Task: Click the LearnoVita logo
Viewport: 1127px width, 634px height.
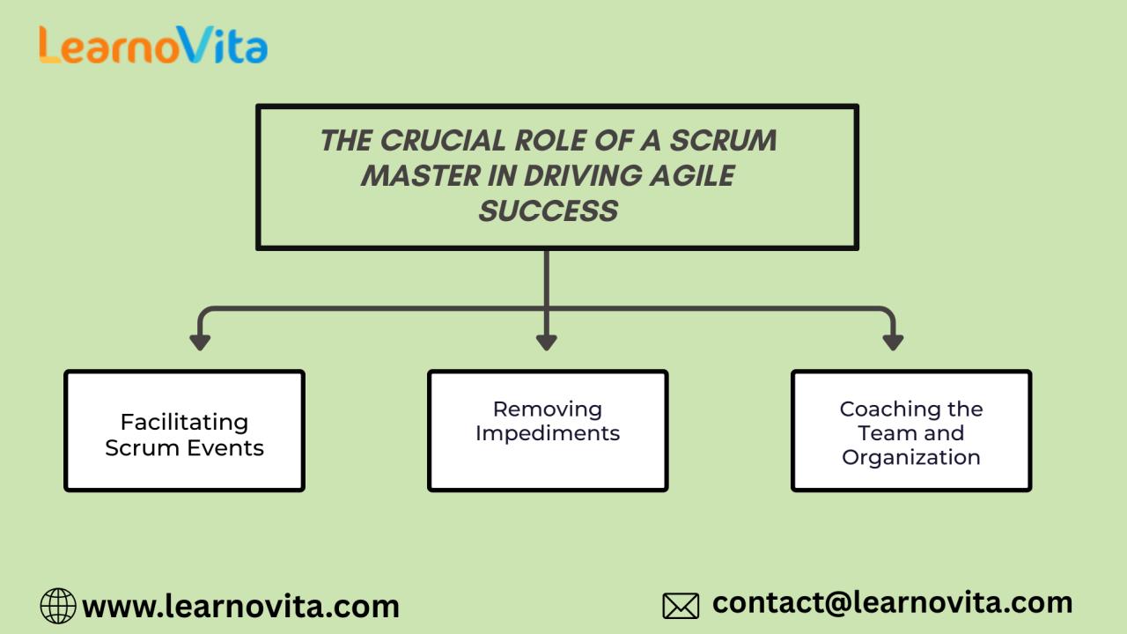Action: point(152,45)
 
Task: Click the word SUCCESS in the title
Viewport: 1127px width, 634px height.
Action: point(548,211)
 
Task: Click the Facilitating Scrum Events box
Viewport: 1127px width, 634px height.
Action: point(184,431)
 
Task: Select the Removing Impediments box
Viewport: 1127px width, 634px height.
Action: point(548,431)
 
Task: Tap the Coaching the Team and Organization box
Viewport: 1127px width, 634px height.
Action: point(911,431)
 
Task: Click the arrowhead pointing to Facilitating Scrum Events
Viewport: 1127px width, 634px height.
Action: point(200,342)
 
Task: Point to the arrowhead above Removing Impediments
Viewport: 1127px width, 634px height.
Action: point(547,342)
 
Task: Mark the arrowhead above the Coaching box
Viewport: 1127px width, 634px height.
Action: point(893,342)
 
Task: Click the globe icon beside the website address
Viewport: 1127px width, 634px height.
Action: point(58,606)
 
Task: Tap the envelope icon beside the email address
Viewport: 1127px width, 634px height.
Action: point(681,606)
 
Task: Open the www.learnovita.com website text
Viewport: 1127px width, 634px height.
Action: point(240,606)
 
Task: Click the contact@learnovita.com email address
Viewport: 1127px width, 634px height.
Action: point(892,602)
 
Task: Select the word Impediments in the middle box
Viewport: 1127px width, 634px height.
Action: point(548,433)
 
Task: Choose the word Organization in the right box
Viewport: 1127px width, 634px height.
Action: point(911,457)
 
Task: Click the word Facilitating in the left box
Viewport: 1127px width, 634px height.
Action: point(184,422)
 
